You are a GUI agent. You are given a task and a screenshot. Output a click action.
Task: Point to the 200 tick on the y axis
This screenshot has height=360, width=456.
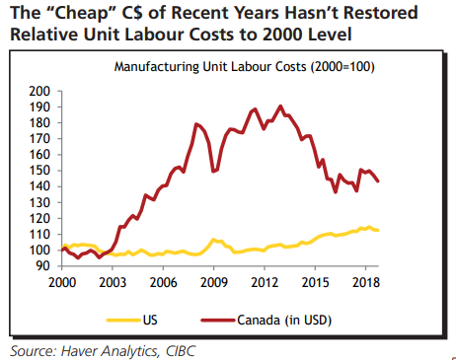(x=39, y=91)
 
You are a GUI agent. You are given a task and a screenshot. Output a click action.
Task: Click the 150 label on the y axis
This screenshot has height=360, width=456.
(x=39, y=171)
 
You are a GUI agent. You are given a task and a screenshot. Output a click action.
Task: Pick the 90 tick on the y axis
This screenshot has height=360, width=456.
(x=42, y=265)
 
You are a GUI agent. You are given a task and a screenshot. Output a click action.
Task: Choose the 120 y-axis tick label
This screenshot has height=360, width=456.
(x=39, y=218)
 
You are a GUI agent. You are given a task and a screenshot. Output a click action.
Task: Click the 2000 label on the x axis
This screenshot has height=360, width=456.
(x=62, y=282)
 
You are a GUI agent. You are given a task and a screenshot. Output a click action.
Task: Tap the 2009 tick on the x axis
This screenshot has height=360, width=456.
(x=214, y=282)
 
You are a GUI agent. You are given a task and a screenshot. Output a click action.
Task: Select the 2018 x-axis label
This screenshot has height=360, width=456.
(x=366, y=282)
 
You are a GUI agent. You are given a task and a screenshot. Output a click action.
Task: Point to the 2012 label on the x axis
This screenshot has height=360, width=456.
(x=265, y=282)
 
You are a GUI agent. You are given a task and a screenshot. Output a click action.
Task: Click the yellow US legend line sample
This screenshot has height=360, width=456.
(x=123, y=320)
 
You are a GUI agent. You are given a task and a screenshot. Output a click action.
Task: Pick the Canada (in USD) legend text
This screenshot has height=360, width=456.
(x=284, y=320)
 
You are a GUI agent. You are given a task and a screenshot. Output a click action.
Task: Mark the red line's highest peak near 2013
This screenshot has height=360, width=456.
(x=280, y=107)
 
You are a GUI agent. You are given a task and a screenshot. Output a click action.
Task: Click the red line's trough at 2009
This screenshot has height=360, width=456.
(x=213, y=172)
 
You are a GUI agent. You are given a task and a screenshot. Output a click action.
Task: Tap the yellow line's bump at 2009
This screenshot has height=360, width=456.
(x=213, y=240)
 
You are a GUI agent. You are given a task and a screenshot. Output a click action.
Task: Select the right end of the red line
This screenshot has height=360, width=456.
(x=378, y=180)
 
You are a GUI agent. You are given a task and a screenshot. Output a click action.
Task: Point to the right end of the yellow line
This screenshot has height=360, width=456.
(x=378, y=230)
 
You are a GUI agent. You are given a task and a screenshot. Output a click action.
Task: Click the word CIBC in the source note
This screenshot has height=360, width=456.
(x=181, y=351)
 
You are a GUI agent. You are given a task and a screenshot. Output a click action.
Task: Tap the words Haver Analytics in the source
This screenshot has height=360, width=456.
(x=111, y=351)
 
